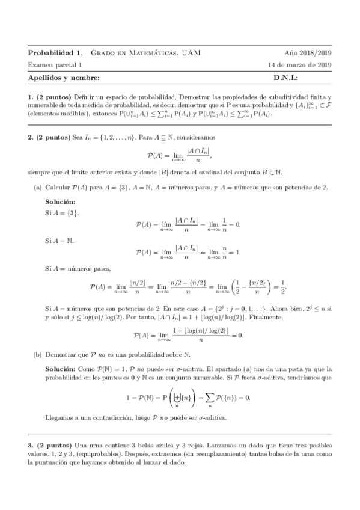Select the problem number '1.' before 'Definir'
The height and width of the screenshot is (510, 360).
tap(31, 96)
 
